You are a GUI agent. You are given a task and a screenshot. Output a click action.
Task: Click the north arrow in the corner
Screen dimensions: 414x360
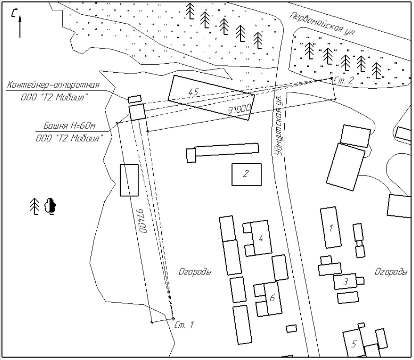(x=20, y=26)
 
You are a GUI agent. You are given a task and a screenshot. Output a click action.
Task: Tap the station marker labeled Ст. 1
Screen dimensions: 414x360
(x=173, y=319)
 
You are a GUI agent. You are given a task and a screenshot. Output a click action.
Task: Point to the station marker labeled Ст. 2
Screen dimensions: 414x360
(x=332, y=78)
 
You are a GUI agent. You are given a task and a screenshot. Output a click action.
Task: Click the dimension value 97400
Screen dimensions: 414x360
(x=143, y=221)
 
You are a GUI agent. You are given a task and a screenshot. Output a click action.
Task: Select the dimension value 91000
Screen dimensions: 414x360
(x=239, y=109)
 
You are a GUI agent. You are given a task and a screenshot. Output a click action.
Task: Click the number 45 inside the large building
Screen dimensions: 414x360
(x=193, y=92)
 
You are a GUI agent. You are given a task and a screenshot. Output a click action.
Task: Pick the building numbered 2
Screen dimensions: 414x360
(x=246, y=175)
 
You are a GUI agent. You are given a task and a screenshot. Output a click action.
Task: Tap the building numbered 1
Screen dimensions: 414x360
(x=331, y=228)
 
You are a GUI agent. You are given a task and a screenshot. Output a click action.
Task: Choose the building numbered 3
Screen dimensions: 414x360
(x=345, y=282)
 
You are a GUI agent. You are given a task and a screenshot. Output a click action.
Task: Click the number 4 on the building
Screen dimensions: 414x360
(x=261, y=238)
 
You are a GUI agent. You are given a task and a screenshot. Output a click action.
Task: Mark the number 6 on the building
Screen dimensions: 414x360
(x=272, y=298)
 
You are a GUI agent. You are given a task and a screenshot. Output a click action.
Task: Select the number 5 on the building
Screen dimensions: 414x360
(x=354, y=344)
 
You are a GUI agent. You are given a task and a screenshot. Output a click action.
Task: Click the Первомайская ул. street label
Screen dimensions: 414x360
(x=323, y=25)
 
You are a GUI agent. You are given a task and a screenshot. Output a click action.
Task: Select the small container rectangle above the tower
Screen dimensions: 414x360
(x=135, y=99)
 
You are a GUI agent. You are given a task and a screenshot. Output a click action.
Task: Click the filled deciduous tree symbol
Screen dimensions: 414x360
(x=50, y=206)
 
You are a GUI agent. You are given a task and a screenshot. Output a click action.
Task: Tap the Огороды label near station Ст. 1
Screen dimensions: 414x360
(x=195, y=272)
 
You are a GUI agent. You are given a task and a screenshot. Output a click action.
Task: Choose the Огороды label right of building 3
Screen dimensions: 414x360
(x=391, y=272)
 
